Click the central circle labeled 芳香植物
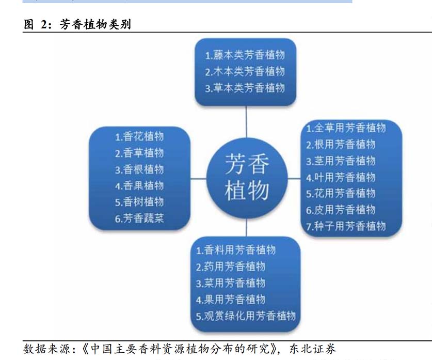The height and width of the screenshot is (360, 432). (247, 178)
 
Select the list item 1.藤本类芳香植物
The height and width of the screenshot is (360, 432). (245, 55)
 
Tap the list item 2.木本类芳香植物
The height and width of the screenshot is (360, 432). (245, 72)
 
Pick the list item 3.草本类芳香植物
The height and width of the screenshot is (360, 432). (245, 88)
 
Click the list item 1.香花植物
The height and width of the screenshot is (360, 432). (139, 136)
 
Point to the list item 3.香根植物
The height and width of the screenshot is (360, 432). (139, 169)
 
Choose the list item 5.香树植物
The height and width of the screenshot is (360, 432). (139, 202)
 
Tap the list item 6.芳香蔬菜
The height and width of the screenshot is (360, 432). (139, 218)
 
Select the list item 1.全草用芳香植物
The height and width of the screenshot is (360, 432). (346, 128)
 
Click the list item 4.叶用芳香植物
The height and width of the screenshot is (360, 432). (341, 177)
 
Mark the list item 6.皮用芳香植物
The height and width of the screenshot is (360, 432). (341, 210)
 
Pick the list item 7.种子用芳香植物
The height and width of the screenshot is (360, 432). (346, 226)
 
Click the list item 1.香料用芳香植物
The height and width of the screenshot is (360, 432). (236, 250)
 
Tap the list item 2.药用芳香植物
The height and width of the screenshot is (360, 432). (231, 267)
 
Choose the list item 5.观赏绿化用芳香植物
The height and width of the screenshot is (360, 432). (246, 316)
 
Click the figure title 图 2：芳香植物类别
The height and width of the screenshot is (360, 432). (77, 24)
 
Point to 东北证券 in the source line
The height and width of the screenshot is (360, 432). (312, 349)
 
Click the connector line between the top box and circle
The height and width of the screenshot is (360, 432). (246, 121)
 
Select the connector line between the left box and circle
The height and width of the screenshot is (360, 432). (198, 179)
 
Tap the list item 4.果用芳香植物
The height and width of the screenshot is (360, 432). (231, 300)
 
